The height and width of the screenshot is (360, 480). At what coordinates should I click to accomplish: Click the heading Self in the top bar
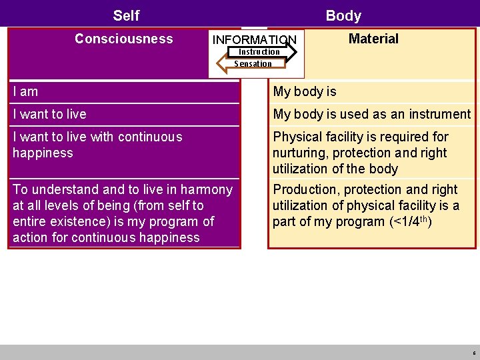(126, 15)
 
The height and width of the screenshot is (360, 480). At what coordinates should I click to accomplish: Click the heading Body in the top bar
(343, 15)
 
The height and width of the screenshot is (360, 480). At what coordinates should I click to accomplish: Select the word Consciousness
(123, 39)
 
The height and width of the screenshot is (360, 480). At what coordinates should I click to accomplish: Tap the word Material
(373, 39)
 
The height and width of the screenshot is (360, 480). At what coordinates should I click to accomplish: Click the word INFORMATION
(254, 40)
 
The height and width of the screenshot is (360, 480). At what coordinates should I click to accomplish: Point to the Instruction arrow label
(259, 52)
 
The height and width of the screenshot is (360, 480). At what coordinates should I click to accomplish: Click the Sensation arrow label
(253, 64)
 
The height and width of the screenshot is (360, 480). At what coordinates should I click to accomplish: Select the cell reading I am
(25, 91)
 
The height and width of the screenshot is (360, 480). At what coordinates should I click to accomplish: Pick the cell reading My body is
(305, 91)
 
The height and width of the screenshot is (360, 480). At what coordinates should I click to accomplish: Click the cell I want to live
(49, 114)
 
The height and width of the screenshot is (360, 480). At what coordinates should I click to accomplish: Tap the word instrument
(439, 114)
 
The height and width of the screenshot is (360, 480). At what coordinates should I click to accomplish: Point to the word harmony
(207, 189)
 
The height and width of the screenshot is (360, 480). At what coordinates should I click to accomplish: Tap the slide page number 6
(473, 353)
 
